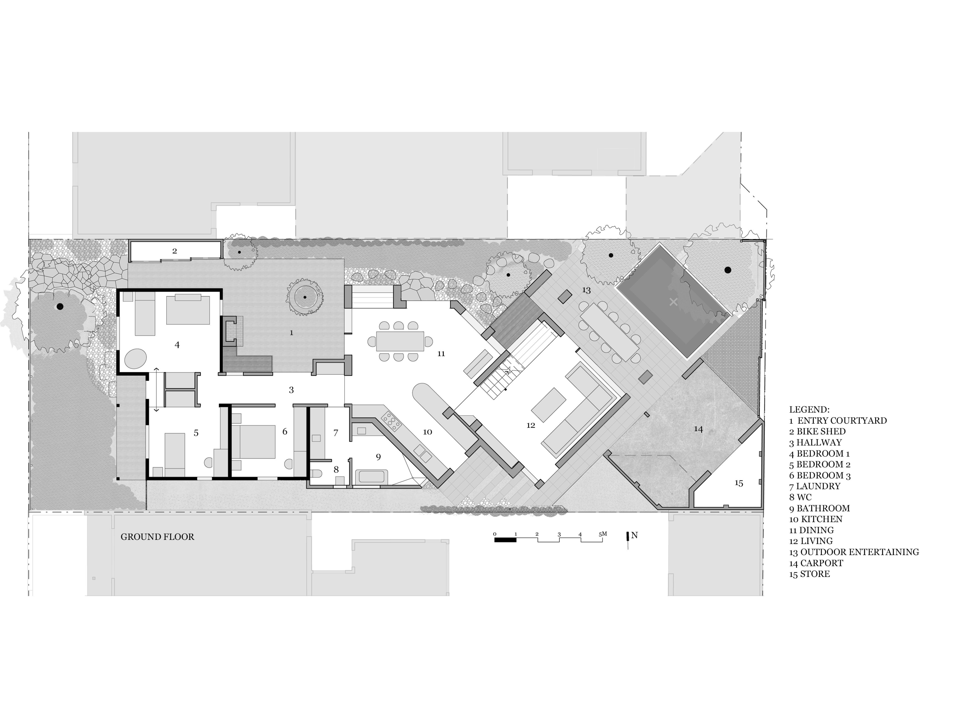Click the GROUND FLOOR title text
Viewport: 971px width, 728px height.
(157, 537)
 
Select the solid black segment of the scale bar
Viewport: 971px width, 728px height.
(505, 540)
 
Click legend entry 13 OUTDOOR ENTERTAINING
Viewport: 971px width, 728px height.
(854, 552)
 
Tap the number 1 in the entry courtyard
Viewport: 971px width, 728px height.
(292, 333)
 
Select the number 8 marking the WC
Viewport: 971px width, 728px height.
(336, 470)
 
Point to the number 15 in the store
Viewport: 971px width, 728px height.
(739, 483)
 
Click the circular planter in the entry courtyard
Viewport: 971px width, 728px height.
(305, 298)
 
